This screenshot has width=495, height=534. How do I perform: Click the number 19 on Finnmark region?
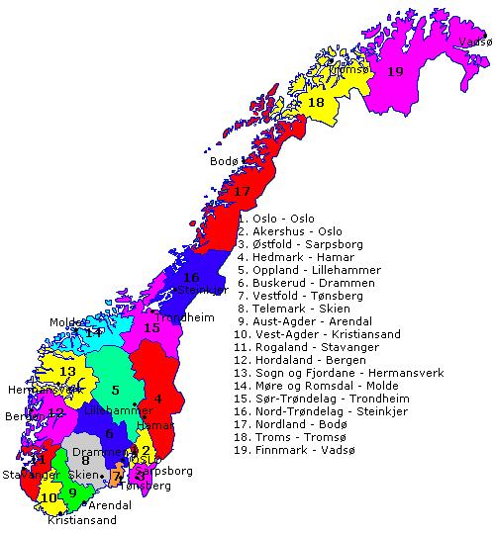point(395,71)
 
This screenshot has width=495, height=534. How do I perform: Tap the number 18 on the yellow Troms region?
point(316,103)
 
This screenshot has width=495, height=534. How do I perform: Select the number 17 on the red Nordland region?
point(243,191)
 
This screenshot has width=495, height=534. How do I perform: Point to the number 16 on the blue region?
point(192,277)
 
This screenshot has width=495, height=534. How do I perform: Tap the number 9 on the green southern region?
point(71,491)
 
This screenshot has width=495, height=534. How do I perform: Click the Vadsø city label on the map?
point(475,43)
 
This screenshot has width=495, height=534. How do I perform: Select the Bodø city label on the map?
point(225,161)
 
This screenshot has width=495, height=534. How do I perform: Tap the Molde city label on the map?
point(68,322)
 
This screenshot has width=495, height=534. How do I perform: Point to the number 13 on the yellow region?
point(67,371)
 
